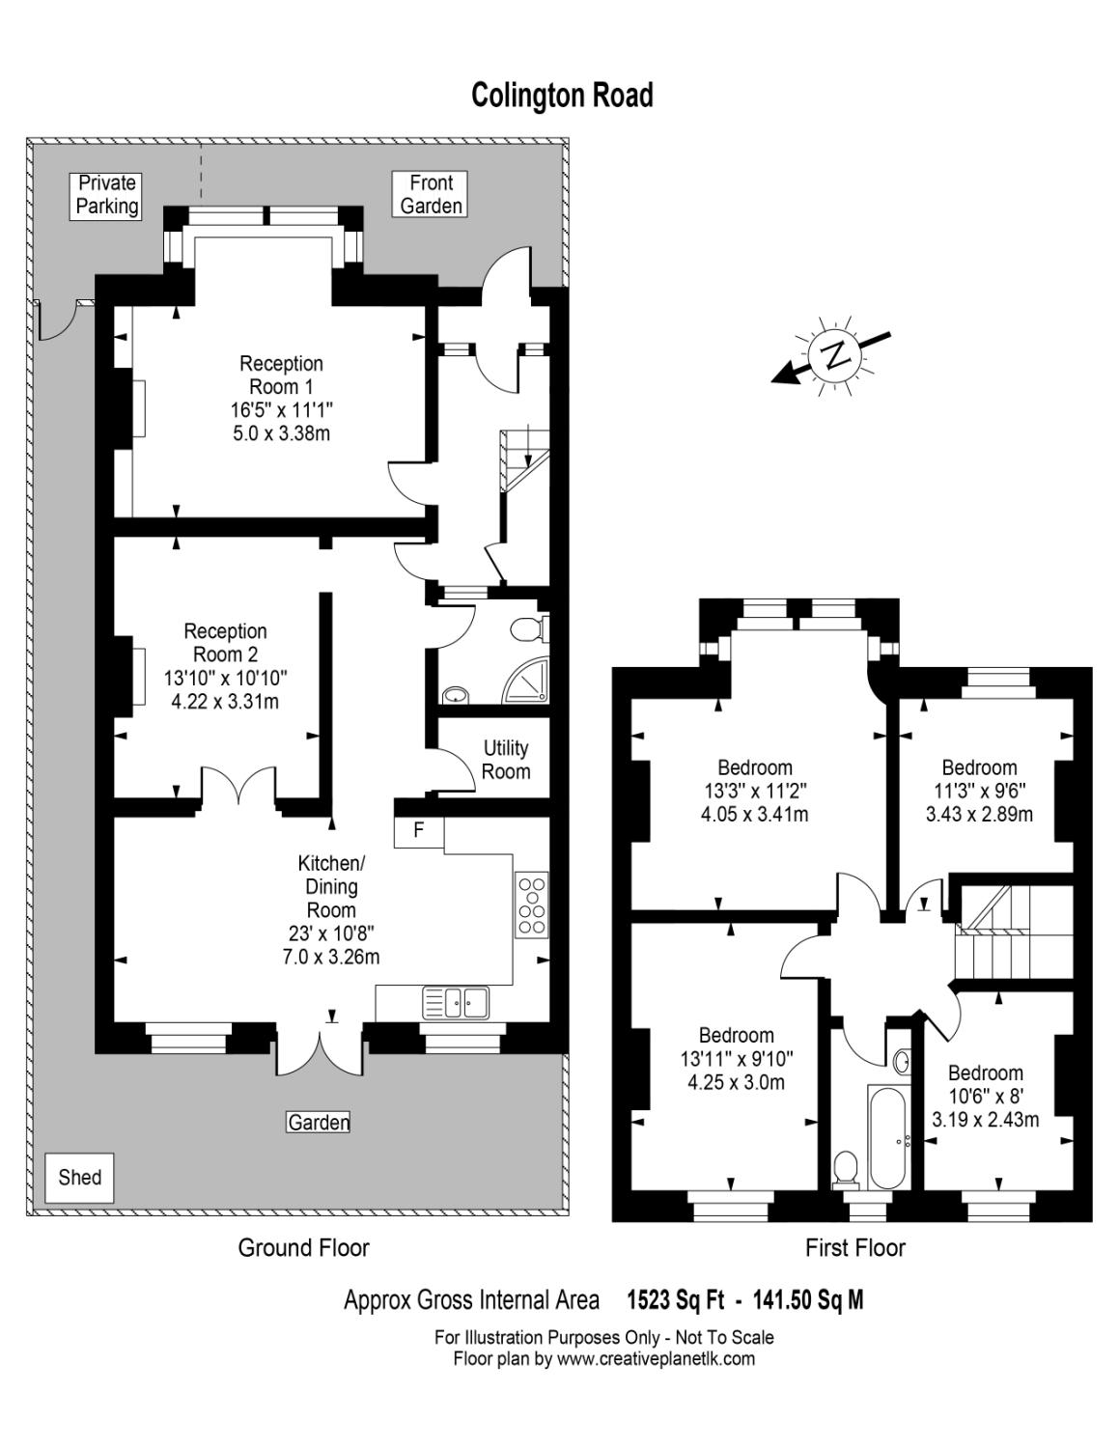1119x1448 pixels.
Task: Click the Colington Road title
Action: click(x=562, y=96)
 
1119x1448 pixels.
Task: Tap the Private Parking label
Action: click(x=107, y=195)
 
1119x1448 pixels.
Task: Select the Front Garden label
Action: click(x=431, y=195)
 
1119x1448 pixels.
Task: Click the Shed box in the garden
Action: click(x=79, y=1178)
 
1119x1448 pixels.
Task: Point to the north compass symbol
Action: click(x=832, y=354)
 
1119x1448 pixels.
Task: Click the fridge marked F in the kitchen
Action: click(x=418, y=830)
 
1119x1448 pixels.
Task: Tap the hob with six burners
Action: click(x=531, y=904)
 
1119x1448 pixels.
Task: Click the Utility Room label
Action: click(x=506, y=760)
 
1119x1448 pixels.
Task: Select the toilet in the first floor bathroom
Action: click(x=845, y=1169)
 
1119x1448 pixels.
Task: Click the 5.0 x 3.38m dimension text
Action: click(x=281, y=433)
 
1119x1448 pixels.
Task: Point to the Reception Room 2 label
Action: click(x=225, y=643)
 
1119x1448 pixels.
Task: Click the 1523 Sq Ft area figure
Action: click(x=675, y=1300)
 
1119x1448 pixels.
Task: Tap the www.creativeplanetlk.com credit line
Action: click(x=604, y=1359)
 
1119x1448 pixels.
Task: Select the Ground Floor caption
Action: click(x=303, y=1248)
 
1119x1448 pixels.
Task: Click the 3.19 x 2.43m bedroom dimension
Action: click(x=985, y=1120)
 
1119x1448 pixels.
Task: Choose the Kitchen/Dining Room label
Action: click(x=330, y=886)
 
